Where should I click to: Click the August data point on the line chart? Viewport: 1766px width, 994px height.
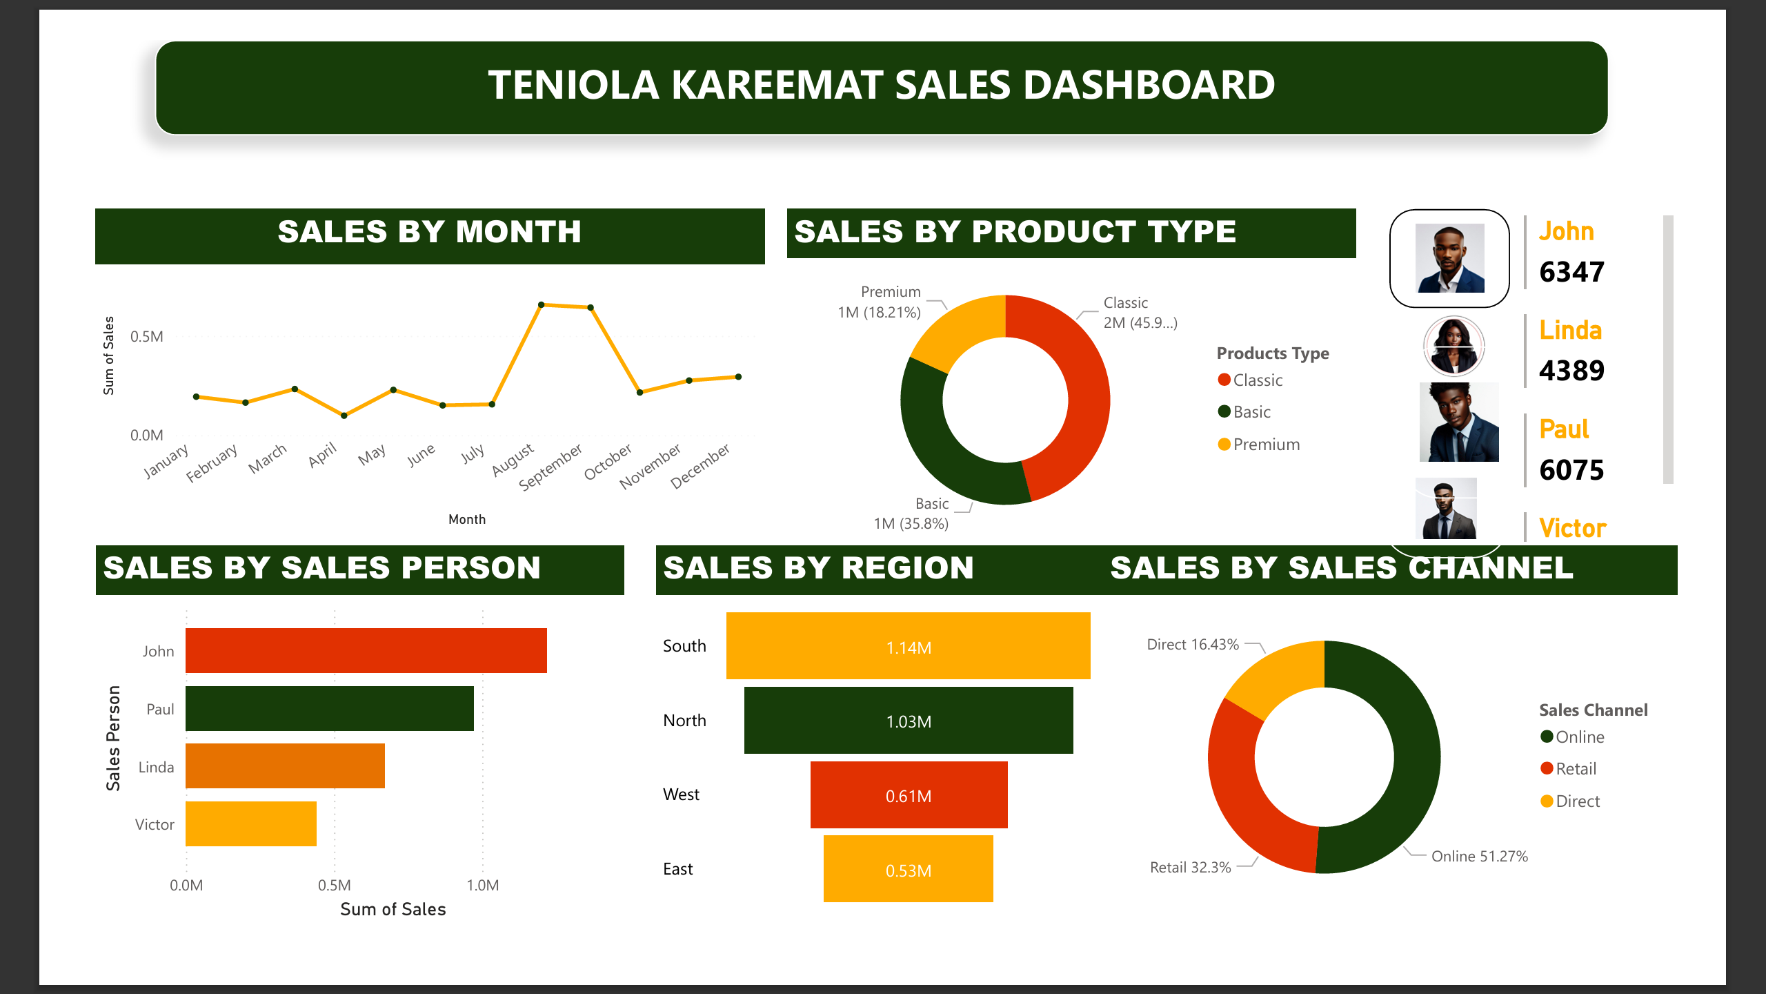pos(542,304)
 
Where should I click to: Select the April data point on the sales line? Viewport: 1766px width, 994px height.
pos(344,416)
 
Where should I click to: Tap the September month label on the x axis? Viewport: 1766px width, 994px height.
pos(550,467)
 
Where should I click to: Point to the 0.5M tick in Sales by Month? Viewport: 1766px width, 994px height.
pos(147,337)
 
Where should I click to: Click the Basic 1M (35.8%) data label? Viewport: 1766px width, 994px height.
pos(912,514)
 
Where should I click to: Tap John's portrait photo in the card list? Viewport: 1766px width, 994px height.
pos(1449,258)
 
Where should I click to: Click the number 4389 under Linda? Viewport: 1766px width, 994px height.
pos(1571,371)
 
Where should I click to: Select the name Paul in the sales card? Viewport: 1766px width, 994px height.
pos(1564,429)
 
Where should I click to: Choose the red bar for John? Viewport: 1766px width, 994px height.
pos(366,650)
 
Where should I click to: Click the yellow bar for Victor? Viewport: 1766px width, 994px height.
pos(251,824)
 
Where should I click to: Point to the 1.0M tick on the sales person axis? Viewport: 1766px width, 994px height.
pos(482,886)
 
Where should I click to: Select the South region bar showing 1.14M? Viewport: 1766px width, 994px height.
pos(908,646)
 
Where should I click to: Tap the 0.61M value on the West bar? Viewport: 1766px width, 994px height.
pos(908,797)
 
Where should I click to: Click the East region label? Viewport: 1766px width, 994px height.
pos(677,869)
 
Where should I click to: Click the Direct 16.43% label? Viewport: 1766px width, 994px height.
pos(1193,645)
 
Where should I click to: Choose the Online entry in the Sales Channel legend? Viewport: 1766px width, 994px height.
pos(1579,737)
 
